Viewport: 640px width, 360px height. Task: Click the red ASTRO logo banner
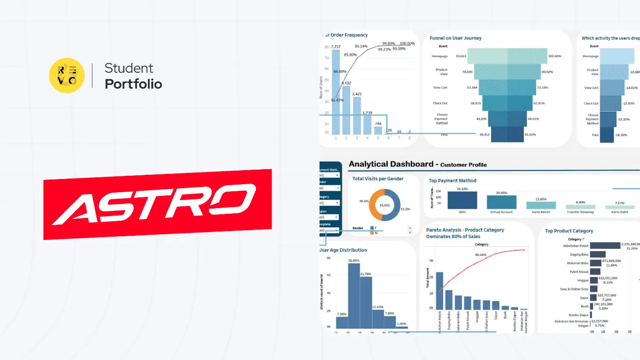coord(157,204)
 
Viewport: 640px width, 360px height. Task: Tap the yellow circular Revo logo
coord(67,75)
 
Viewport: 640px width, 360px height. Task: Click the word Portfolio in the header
coord(133,84)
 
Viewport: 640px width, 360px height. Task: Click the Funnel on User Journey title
coord(455,38)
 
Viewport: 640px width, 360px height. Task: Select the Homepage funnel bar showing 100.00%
coord(507,56)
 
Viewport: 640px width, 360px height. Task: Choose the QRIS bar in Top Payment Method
coord(462,200)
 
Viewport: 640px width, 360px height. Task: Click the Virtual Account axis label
coord(501,212)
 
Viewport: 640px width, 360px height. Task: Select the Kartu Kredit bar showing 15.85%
coord(541,205)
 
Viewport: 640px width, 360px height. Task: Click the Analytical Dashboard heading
coord(391,164)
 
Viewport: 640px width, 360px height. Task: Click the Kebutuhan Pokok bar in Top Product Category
coord(605,246)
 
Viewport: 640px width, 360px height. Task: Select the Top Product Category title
coord(569,231)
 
